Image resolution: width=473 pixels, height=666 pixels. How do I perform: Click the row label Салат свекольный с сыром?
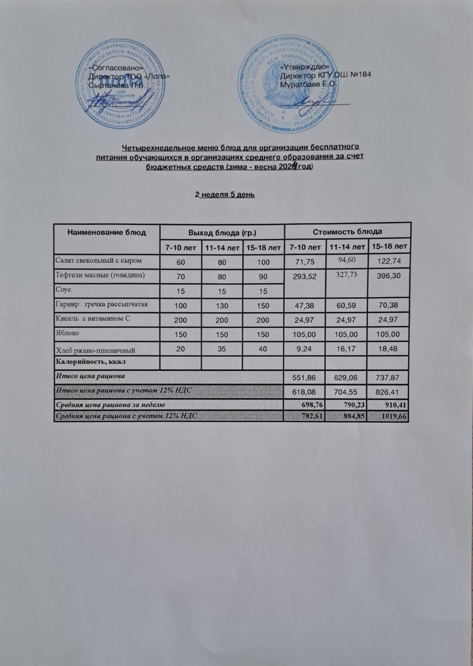tap(98, 259)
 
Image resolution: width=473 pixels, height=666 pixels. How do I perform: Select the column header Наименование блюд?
tap(106, 232)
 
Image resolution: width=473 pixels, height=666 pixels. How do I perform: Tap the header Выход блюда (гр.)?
tap(222, 232)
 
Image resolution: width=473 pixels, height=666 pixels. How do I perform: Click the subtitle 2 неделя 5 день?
tap(224, 195)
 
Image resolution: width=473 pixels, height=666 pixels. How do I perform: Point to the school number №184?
tap(360, 75)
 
